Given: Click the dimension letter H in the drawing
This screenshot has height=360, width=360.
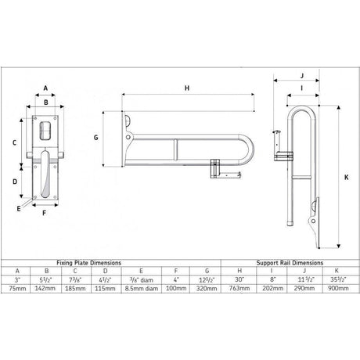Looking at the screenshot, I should pyautogui.click(x=186, y=89).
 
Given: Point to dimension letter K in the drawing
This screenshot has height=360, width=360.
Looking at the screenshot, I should pyautogui.click(x=344, y=177).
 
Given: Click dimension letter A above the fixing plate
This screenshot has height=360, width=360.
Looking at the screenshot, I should pyautogui.click(x=46, y=88).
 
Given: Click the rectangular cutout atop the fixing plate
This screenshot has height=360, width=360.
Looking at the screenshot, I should pyautogui.click(x=46, y=127).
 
